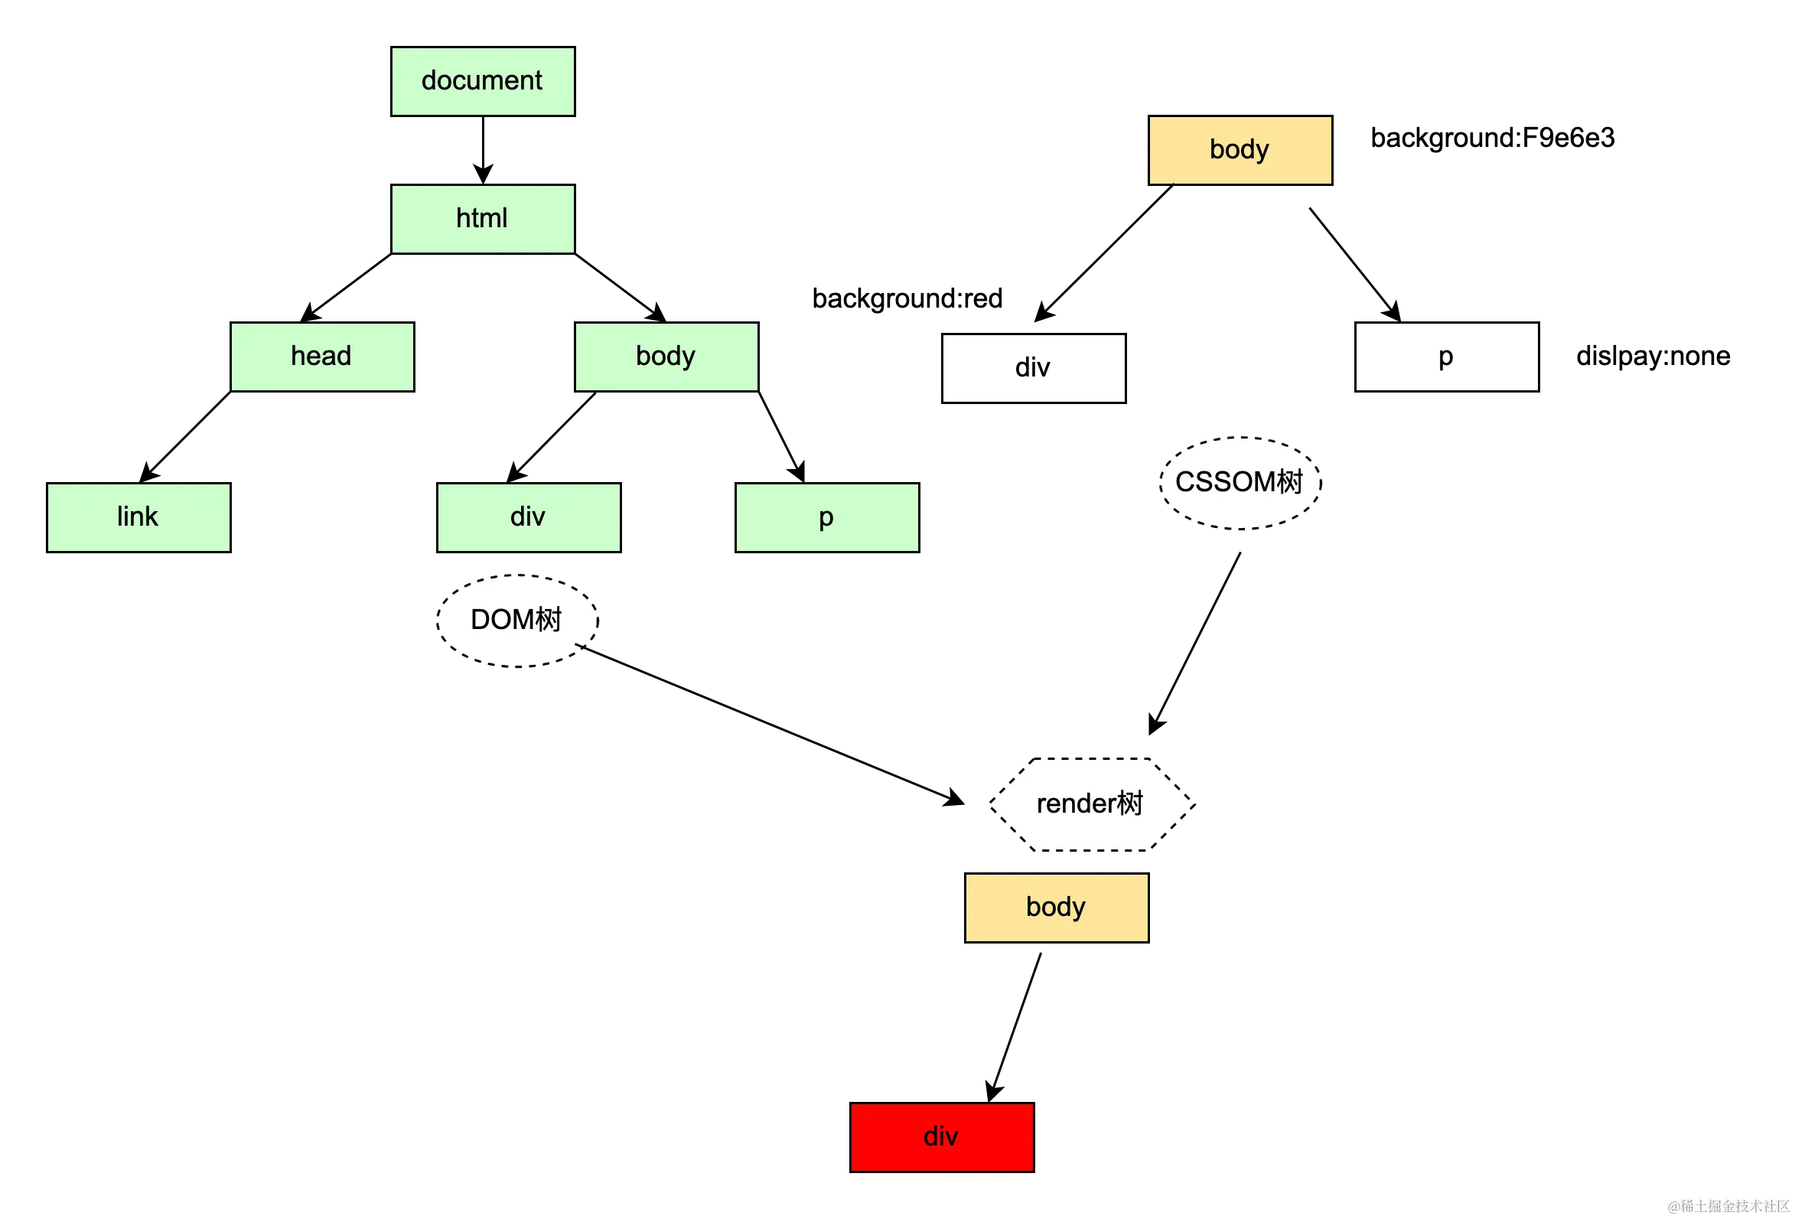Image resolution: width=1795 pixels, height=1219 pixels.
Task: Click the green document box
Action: click(483, 81)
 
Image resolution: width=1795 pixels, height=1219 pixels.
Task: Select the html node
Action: click(483, 220)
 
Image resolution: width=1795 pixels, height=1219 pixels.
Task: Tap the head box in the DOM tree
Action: click(322, 356)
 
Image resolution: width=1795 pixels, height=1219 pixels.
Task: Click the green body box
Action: click(666, 356)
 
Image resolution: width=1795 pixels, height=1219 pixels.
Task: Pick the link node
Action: click(138, 517)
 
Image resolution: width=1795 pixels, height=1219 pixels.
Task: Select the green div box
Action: click(528, 517)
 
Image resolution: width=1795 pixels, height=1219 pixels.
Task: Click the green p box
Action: click(827, 517)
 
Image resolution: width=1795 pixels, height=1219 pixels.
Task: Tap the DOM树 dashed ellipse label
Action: click(516, 620)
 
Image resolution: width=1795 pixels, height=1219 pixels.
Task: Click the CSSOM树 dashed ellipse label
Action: click(1240, 483)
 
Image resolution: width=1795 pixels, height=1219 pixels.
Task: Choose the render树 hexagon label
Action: click(1090, 803)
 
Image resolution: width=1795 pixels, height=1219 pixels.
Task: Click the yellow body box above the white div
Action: click(1240, 150)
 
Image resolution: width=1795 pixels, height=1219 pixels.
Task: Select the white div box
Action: click(1034, 368)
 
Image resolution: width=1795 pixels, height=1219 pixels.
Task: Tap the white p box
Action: click(1447, 356)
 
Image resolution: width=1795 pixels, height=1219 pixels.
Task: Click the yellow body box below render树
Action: click(1056, 907)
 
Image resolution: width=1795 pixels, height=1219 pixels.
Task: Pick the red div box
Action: click(942, 1137)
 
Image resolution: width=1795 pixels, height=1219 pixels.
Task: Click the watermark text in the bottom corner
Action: click(1727, 1205)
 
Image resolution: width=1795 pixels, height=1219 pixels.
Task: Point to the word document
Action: click(482, 80)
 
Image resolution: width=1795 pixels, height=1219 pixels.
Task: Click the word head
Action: click(321, 355)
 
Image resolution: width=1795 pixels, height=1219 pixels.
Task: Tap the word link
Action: click(138, 516)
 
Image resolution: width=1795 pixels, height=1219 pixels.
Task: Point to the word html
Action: click(482, 219)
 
